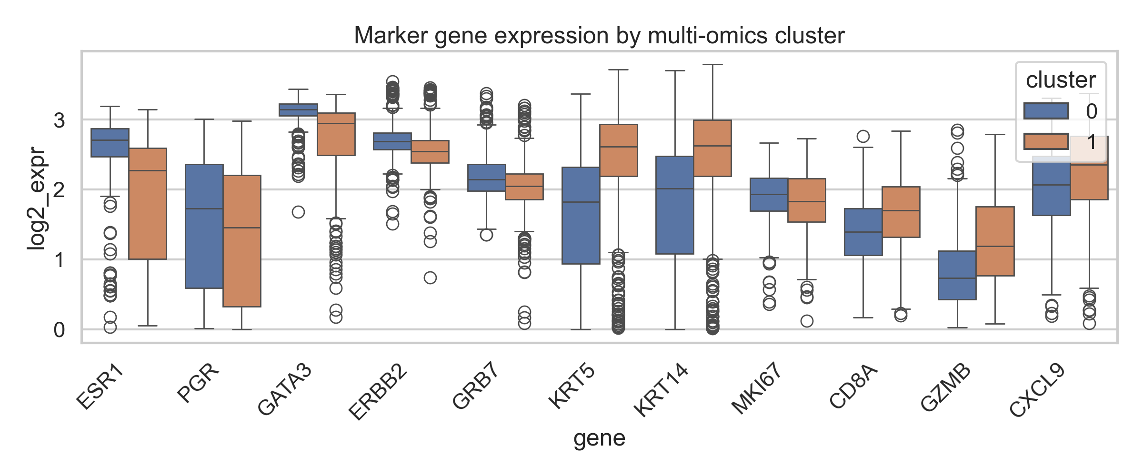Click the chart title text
(x=599, y=36)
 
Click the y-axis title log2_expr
(x=37, y=198)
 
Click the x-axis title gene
(x=599, y=438)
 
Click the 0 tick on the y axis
(x=59, y=330)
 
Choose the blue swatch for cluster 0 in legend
(x=1046, y=111)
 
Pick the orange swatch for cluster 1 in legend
(x=1046, y=142)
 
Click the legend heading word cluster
(x=1061, y=80)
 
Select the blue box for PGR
(x=204, y=226)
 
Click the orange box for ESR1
(x=148, y=204)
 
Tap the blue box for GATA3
(x=298, y=110)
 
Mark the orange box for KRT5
(x=618, y=150)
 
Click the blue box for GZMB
(x=957, y=275)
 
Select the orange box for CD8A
(x=901, y=212)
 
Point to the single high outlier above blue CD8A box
(x=863, y=137)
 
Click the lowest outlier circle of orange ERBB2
(x=430, y=278)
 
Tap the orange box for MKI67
(x=807, y=200)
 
